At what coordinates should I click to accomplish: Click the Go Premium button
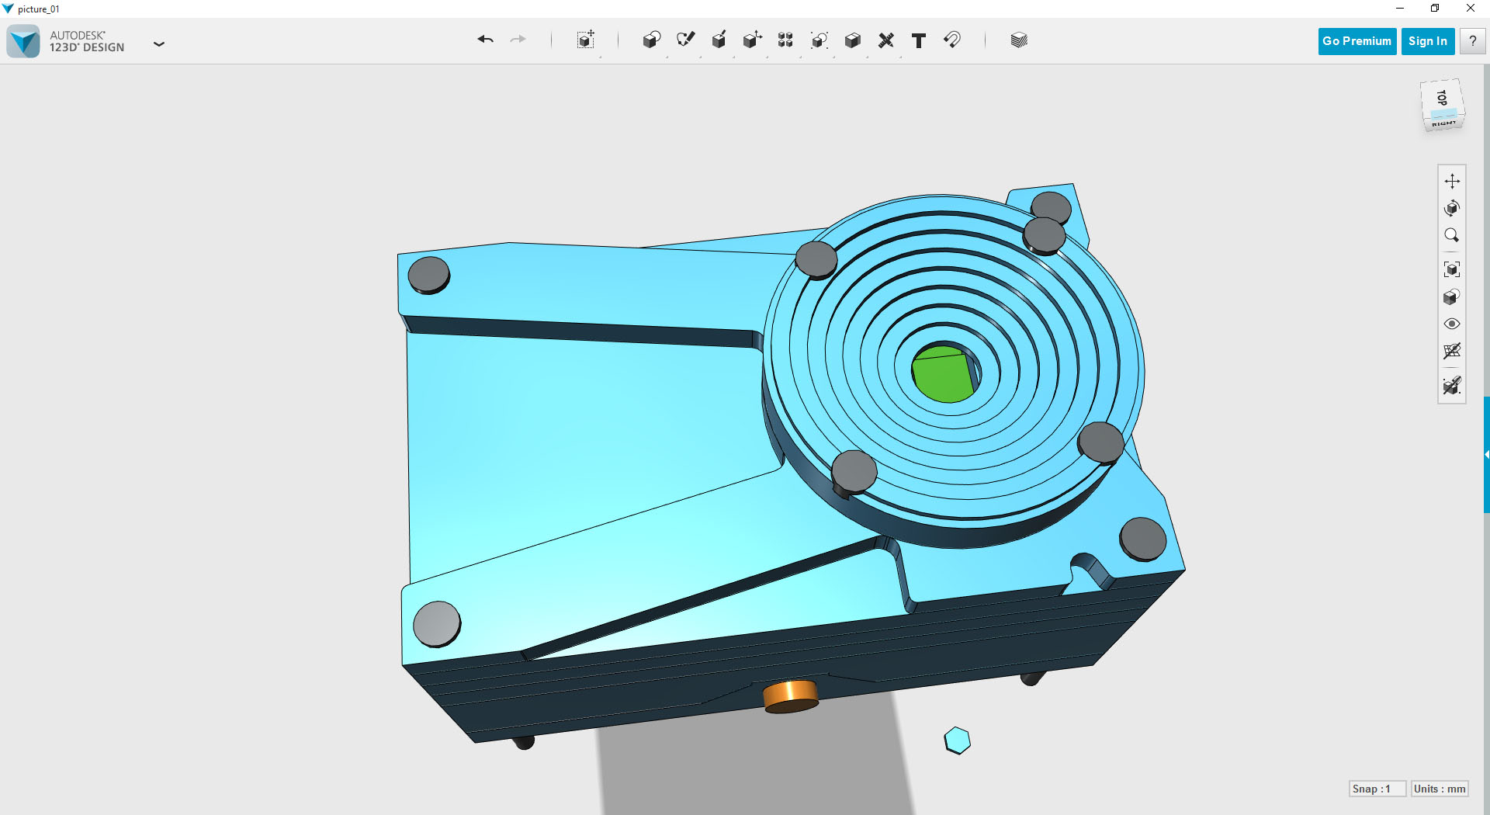[1357, 41]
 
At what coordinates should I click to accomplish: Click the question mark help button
[1472, 41]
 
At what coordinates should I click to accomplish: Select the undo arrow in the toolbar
[486, 40]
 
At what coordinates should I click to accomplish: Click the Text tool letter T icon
[919, 40]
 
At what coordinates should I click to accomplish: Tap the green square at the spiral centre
[943, 375]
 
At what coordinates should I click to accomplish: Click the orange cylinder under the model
[791, 696]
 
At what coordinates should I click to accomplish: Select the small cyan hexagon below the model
[958, 740]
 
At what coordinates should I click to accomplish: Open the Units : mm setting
[1440, 789]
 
